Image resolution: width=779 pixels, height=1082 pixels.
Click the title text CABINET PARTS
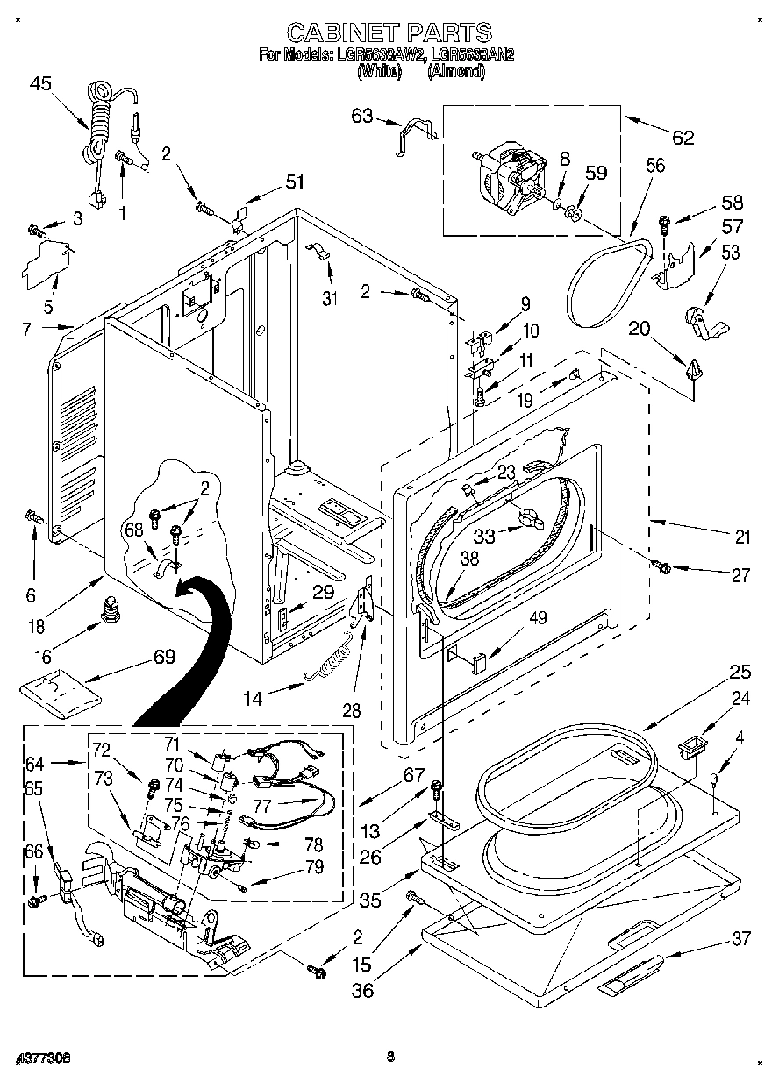point(389,32)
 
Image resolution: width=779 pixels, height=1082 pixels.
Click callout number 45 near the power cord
point(40,84)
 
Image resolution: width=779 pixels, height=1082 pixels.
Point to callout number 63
point(362,116)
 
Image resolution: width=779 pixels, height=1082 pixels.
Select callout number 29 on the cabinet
point(323,592)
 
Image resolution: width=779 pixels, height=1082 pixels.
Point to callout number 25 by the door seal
point(740,673)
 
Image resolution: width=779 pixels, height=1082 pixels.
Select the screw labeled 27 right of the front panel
point(663,568)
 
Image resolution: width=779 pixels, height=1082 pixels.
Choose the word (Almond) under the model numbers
point(455,72)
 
